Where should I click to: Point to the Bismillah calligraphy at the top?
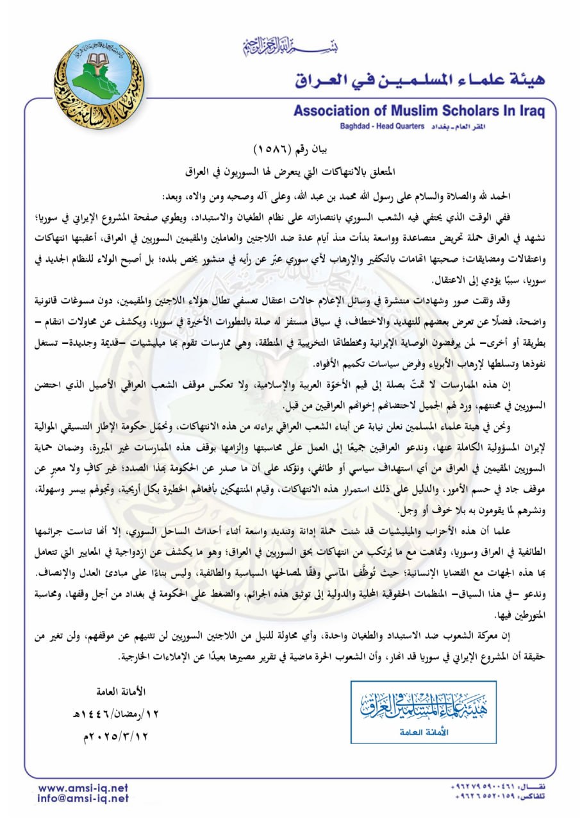[291, 47]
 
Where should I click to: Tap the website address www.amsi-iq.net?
[83, 788]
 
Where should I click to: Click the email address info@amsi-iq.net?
[83, 799]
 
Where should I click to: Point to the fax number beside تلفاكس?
[488, 797]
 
